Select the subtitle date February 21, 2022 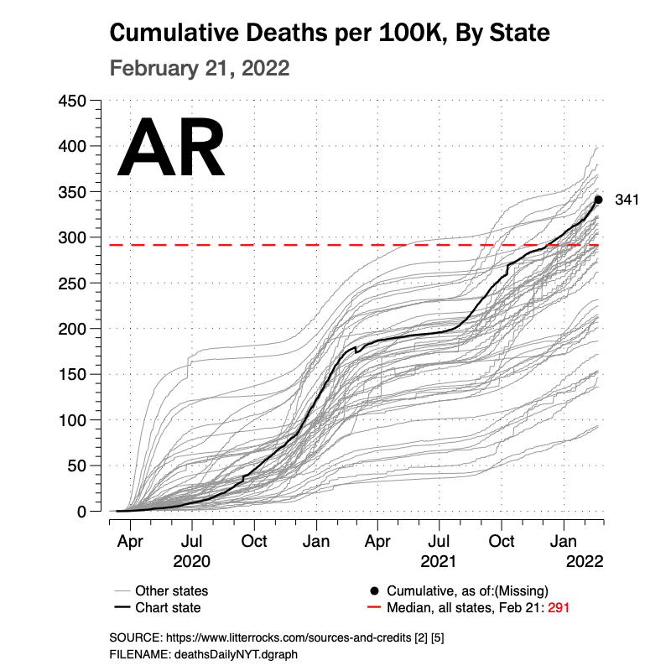pos(200,68)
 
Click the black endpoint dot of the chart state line pos(598,200)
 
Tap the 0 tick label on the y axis pos(81,511)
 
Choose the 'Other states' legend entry pos(171,590)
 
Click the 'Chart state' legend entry pos(168,607)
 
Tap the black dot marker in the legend pos(374,590)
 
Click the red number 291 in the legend pos(560,607)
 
